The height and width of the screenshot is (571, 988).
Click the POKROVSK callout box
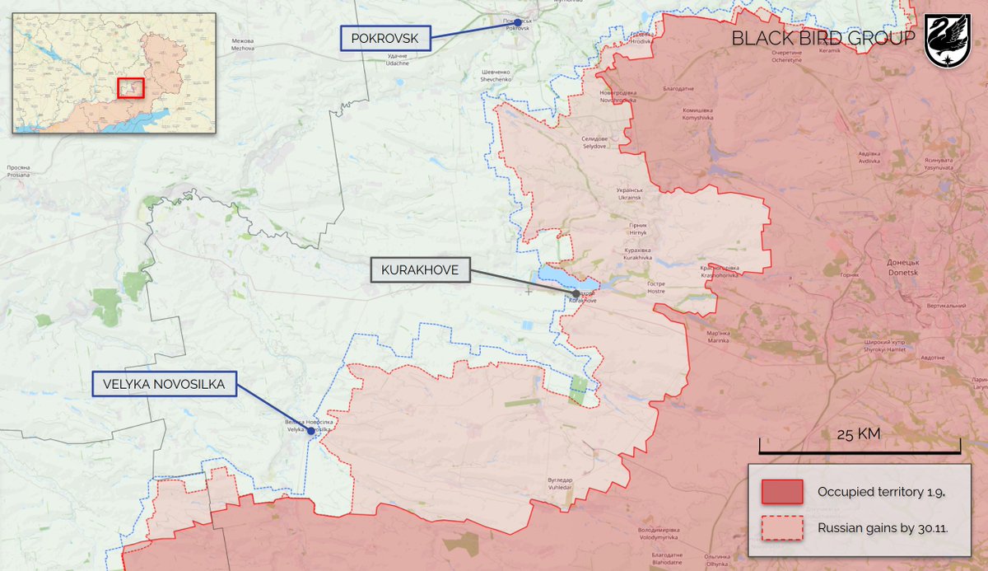pyautogui.click(x=385, y=38)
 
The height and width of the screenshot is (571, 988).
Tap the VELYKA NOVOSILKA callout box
pyautogui.click(x=165, y=383)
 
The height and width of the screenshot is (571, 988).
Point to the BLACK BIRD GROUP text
pyautogui.click(x=823, y=39)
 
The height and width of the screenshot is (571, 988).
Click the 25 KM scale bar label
pyautogui.click(x=859, y=434)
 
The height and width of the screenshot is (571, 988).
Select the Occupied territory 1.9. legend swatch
pyautogui.click(x=782, y=492)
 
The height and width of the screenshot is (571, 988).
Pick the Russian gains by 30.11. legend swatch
pyautogui.click(x=782, y=527)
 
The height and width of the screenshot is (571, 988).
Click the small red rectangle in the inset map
pyautogui.click(x=131, y=87)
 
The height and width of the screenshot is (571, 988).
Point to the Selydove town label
pyautogui.click(x=594, y=143)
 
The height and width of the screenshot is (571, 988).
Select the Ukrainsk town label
pyautogui.click(x=629, y=194)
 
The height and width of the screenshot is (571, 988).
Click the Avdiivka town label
pyautogui.click(x=869, y=157)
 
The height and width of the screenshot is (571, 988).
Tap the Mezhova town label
pyautogui.click(x=243, y=44)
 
